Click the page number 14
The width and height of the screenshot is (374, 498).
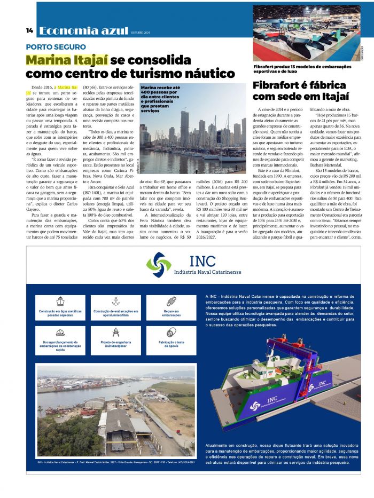29,30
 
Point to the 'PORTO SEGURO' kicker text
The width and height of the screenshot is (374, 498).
56,47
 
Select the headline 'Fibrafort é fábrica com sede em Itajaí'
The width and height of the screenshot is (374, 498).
299,91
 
